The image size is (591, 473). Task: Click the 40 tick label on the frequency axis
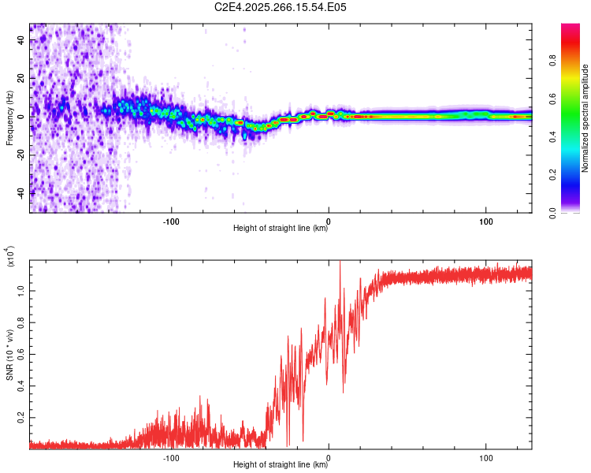tap(21, 41)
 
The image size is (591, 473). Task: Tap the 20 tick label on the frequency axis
tap(21, 79)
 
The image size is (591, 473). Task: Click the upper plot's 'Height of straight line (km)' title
tap(280, 229)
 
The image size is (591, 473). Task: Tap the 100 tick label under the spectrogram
tap(486, 220)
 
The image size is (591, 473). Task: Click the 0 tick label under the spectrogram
tap(329, 220)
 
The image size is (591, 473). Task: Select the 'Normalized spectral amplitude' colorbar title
tap(585, 118)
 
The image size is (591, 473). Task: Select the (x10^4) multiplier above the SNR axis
tap(11, 257)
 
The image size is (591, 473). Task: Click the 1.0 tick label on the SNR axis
tap(21, 290)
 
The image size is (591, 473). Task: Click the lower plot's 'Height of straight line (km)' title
tap(280, 465)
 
